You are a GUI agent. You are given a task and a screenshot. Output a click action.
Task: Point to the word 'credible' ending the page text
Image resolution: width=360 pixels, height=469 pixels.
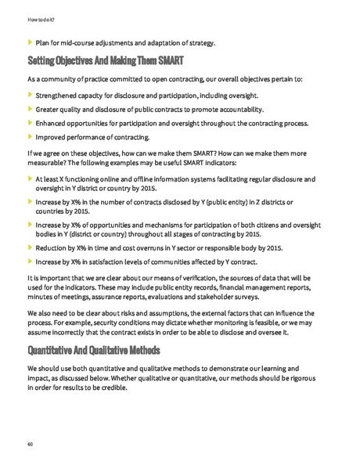(111, 388)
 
